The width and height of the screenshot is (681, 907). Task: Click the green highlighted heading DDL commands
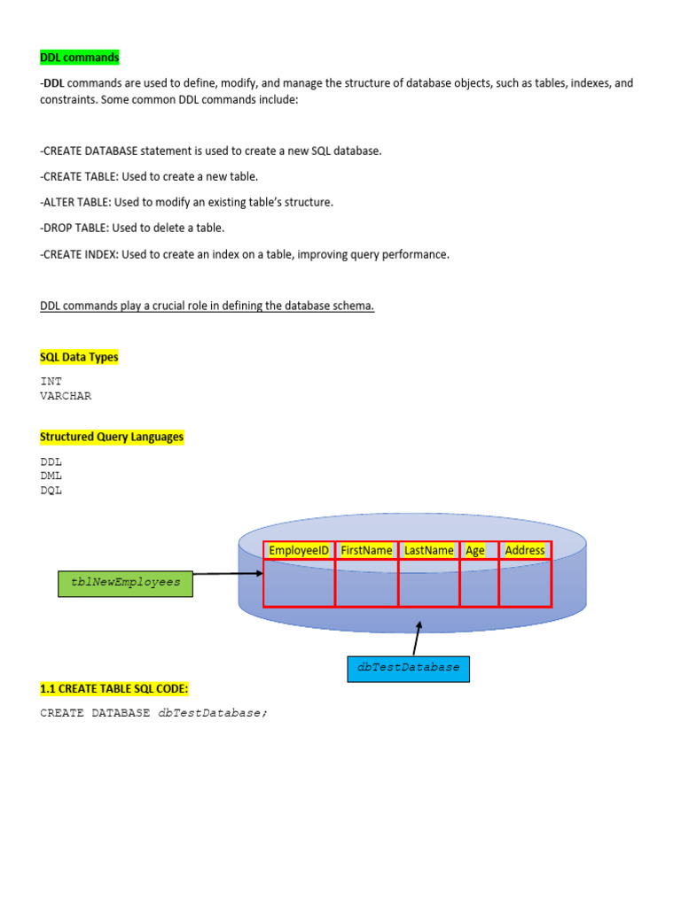pos(79,58)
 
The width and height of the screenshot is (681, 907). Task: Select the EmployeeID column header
pos(299,550)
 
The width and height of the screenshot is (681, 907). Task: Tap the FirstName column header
pos(366,550)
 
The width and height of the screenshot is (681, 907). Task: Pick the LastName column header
pos(428,550)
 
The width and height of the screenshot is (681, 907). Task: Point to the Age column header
pos(476,550)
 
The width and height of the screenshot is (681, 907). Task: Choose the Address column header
pos(525,550)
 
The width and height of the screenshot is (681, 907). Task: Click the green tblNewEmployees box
pos(125,583)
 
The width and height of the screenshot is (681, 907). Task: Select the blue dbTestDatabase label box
pos(408,668)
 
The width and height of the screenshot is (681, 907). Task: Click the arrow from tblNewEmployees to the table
pos(228,574)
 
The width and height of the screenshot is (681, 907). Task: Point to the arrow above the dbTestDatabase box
pos(418,638)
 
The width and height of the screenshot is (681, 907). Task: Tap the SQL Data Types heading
pos(79,357)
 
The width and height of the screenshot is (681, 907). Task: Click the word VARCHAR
pos(66,396)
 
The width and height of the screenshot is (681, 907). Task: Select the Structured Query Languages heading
pos(112,437)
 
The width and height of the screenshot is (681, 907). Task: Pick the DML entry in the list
pos(51,476)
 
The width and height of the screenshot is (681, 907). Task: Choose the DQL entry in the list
pos(51,490)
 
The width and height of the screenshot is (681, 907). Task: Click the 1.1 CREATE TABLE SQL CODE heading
pos(114,688)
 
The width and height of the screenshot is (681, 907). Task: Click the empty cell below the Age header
pos(479,584)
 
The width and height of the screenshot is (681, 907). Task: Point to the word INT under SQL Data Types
pos(51,381)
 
